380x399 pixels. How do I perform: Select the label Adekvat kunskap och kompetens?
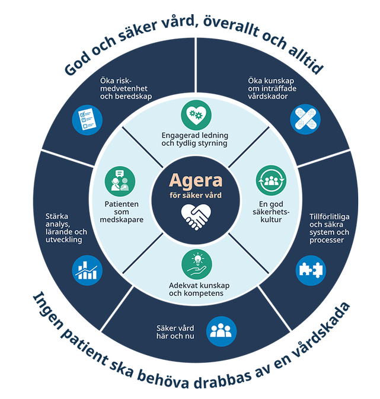point(195,289)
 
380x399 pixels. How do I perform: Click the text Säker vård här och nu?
point(176,331)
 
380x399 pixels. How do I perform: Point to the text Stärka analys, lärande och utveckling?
point(66,228)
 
